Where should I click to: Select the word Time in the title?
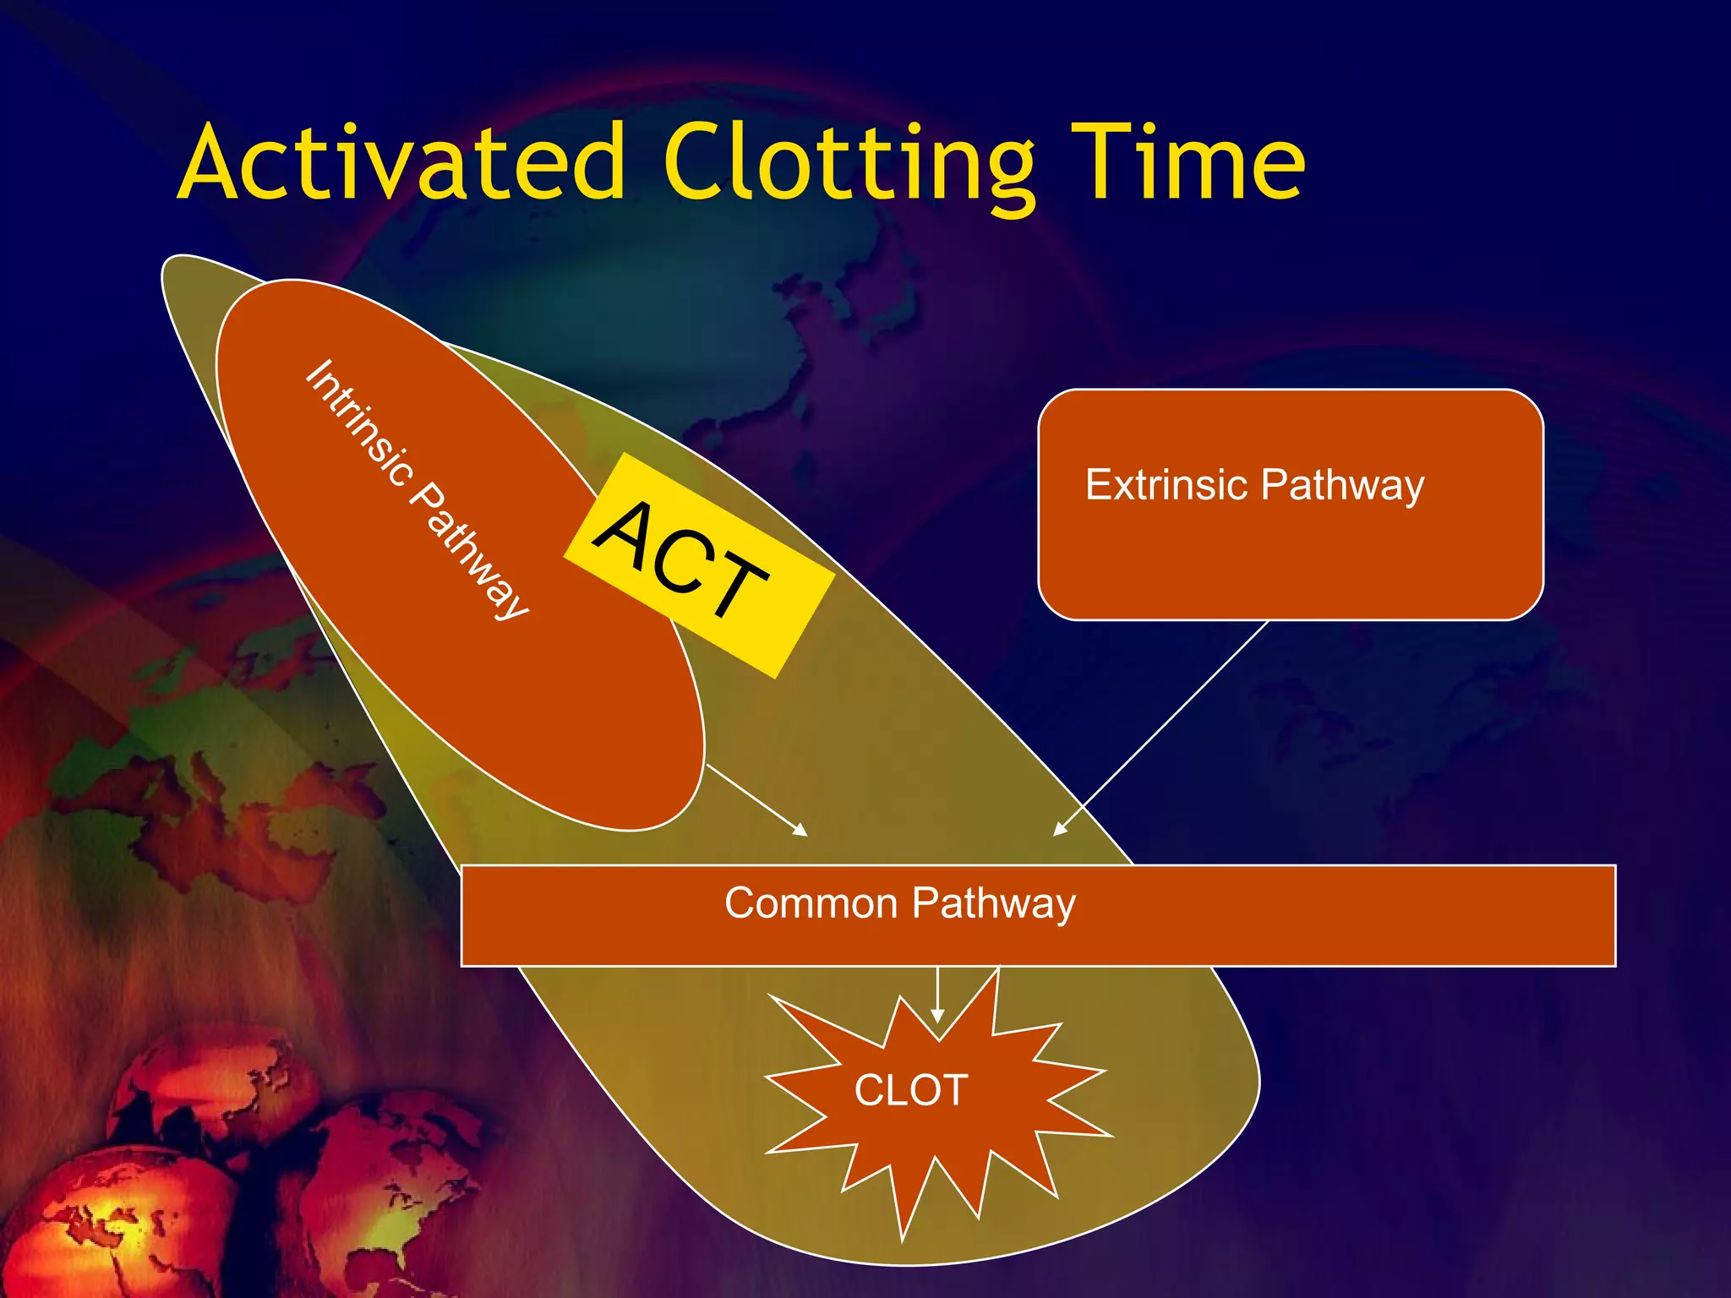[x=1188, y=162]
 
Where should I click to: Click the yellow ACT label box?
[x=699, y=564]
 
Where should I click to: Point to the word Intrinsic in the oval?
[x=359, y=423]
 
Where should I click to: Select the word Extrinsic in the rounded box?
[x=1166, y=485]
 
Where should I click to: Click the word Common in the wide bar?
[x=811, y=903]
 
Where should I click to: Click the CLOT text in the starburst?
[x=911, y=1090]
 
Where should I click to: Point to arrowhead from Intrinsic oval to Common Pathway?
[x=800, y=830]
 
